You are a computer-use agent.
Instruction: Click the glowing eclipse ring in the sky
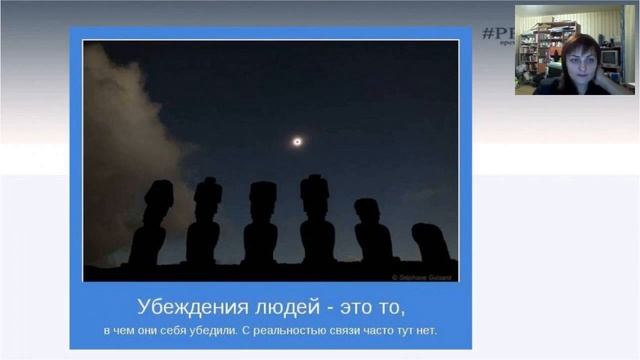click(x=297, y=142)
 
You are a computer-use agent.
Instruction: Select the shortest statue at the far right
click(x=429, y=244)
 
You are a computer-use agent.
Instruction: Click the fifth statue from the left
click(x=372, y=233)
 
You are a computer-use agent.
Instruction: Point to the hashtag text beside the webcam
click(x=495, y=33)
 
